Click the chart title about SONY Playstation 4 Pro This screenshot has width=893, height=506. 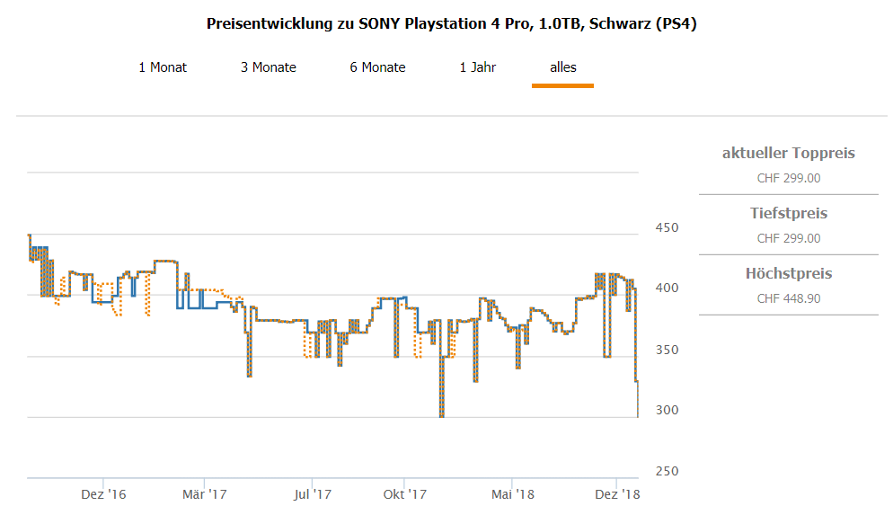click(451, 23)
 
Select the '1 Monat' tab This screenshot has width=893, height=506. click(163, 67)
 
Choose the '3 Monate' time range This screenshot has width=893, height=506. click(268, 67)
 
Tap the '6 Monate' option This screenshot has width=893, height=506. click(377, 67)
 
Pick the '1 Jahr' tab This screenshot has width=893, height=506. click(477, 67)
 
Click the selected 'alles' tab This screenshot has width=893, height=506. click(563, 67)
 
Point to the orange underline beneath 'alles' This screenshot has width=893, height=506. click(562, 85)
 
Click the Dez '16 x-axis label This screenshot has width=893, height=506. click(103, 494)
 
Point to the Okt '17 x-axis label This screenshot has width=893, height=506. click(404, 494)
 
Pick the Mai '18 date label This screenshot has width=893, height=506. click(513, 494)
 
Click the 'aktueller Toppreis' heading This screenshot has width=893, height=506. click(788, 154)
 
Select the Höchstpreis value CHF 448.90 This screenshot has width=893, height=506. click(788, 298)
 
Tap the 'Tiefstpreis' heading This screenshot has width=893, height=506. click(788, 214)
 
